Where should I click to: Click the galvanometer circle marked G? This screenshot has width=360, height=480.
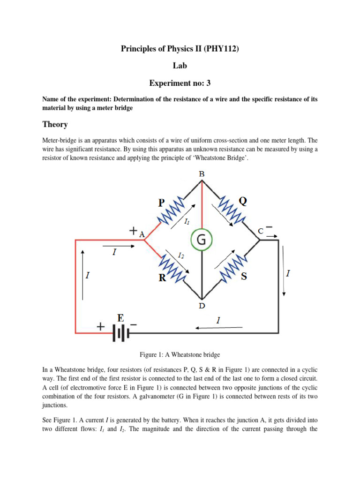pos(201,240)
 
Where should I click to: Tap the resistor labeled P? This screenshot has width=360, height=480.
pos(172,210)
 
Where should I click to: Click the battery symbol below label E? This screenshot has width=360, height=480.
pos(120,333)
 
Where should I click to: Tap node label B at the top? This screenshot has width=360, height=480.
pos(202,174)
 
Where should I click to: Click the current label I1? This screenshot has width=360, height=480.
pos(187,221)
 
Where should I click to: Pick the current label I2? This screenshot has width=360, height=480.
pos(181,255)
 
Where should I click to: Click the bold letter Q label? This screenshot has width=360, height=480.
pos(243,201)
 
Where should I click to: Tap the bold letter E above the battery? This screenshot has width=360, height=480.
pos(120,318)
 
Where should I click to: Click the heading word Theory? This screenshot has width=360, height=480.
pos(55,124)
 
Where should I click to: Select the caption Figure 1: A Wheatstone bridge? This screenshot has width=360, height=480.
pos(180,354)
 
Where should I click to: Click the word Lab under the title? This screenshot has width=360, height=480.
pos(180,66)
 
